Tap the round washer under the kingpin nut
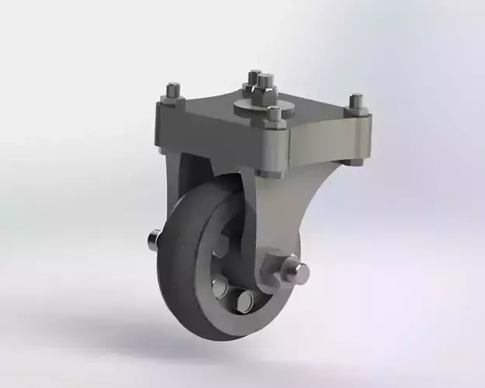coord(264,109)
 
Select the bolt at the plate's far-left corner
coord(172,93)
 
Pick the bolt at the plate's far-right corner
coord(355,102)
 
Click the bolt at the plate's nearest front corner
coord(273,117)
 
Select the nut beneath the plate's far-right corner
coord(354,161)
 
